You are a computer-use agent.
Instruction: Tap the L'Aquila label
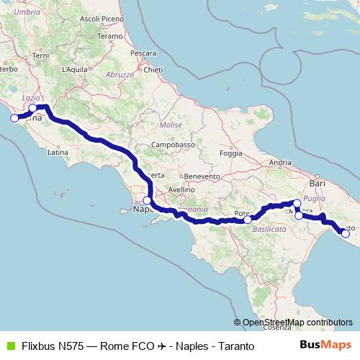(x=75, y=69)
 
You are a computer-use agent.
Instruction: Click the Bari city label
(x=318, y=165)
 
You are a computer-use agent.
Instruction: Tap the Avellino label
(x=182, y=190)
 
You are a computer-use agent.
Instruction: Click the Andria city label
(x=279, y=163)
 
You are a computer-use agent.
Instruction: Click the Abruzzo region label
(x=120, y=74)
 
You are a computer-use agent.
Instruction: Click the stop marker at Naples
(x=147, y=201)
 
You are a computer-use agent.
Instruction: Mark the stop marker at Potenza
(x=248, y=220)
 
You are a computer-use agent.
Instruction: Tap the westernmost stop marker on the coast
(x=14, y=118)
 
